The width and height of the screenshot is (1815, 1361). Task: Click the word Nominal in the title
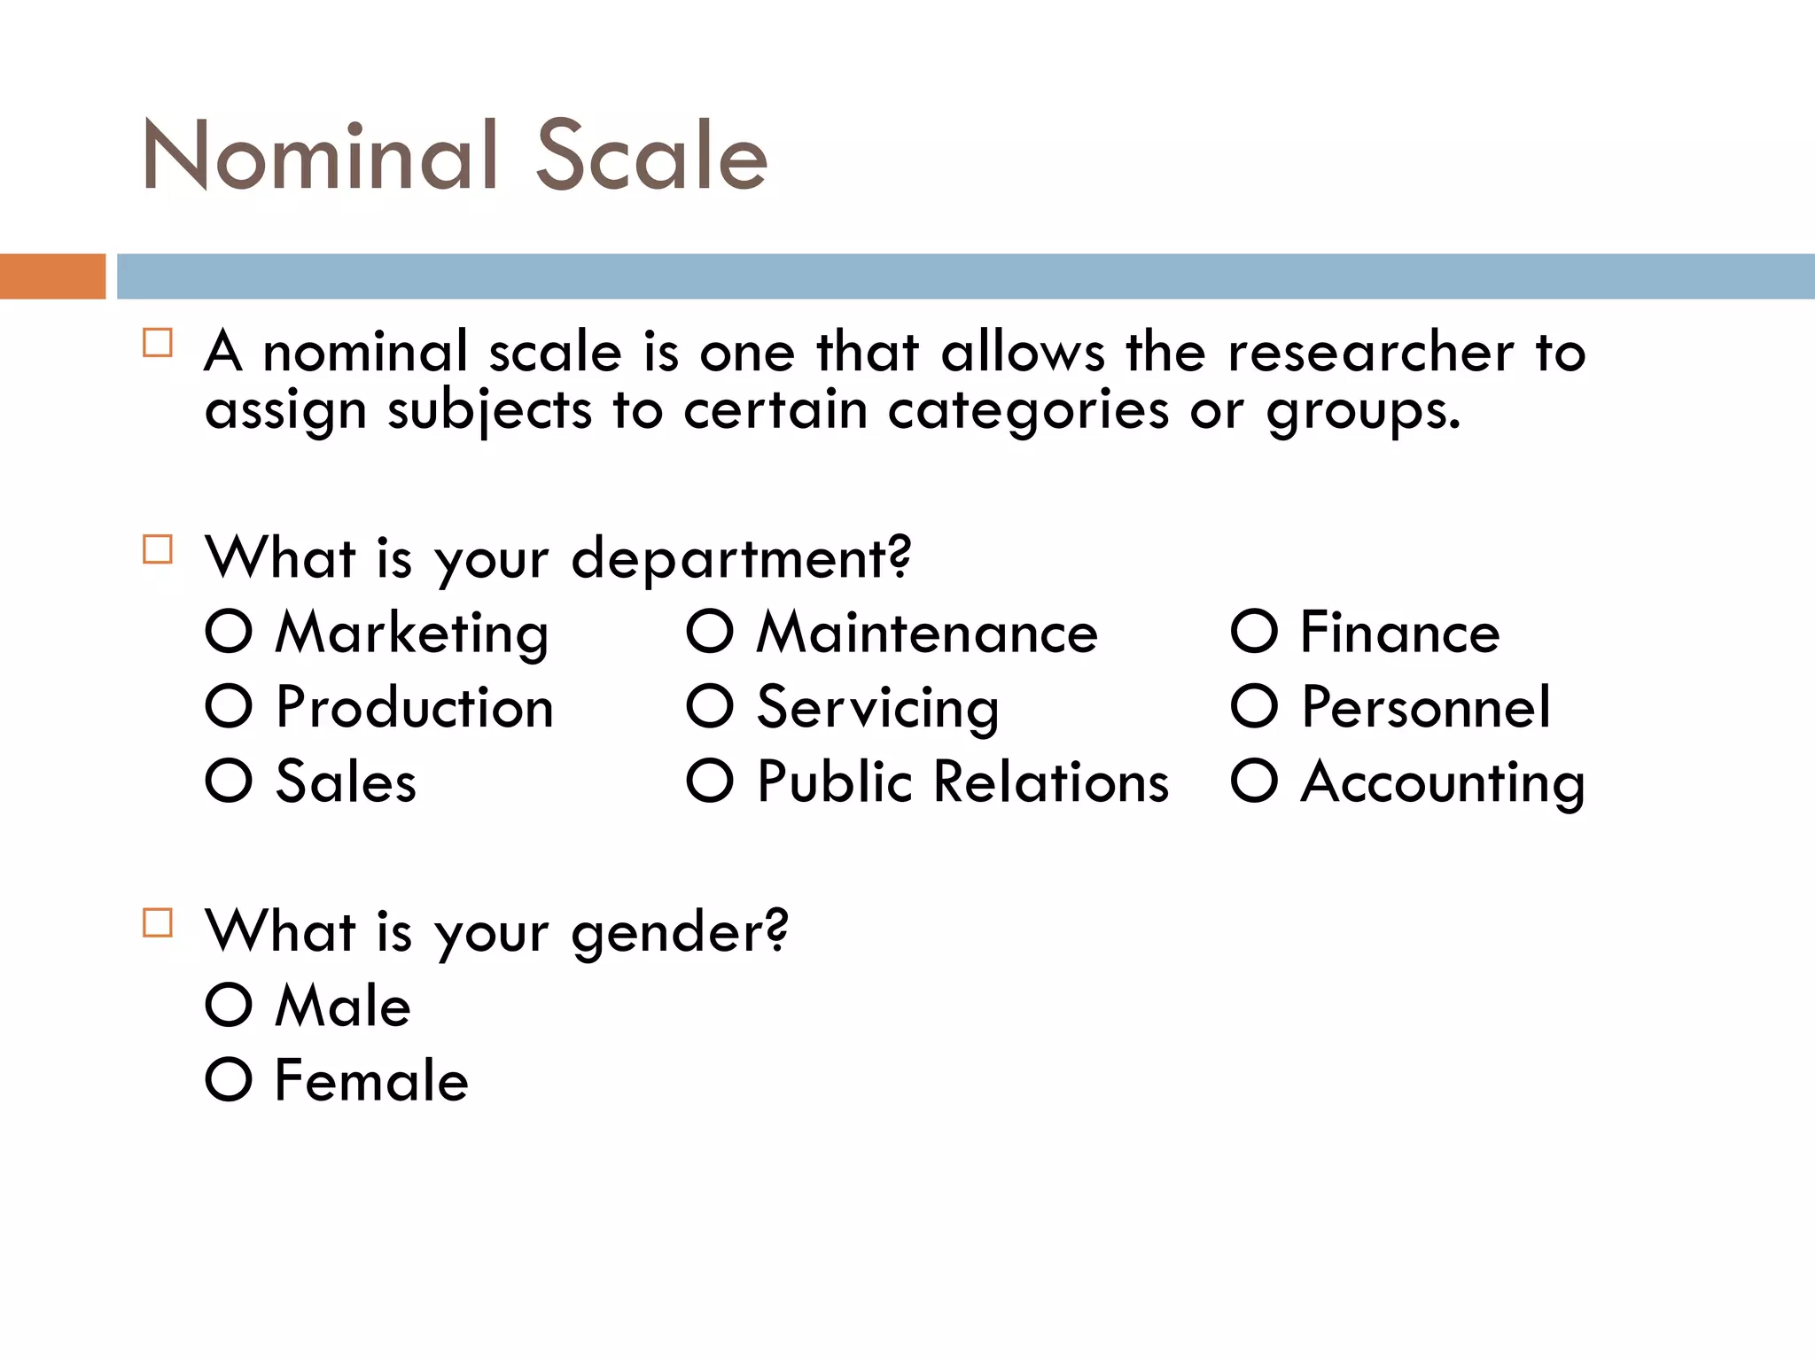pyautogui.click(x=319, y=156)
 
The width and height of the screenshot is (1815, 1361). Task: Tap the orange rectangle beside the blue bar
pyautogui.click(x=52, y=276)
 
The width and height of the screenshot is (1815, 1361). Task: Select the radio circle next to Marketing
pyautogui.click(x=229, y=632)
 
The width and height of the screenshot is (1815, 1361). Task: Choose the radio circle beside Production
pyautogui.click(x=229, y=706)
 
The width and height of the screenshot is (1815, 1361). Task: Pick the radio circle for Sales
pyautogui.click(x=229, y=781)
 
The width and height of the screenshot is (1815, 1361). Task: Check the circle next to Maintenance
pyautogui.click(x=710, y=632)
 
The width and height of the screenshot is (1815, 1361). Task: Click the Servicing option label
pyautogui.click(x=877, y=708)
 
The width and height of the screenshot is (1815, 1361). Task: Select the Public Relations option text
pyautogui.click(x=963, y=782)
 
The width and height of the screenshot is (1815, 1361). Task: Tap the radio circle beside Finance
pyautogui.click(x=1254, y=632)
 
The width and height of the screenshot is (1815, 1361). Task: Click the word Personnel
pyautogui.click(x=1426, y=708)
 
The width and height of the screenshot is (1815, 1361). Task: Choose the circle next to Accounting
pyautogui.click(x=1254, y=781)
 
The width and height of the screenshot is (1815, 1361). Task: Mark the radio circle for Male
pyautogui.click(x=229, y=1005)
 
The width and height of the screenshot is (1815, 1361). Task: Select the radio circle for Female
pyautogui.click(x=229, y=1079)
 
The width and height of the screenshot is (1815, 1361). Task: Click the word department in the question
pyautogui.click(x=740, y=560)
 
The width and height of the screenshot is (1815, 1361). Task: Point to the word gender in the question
pyautogui.click(x=679, y=934)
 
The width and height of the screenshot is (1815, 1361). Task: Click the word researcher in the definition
pyautogui.click(x=1370, y=353)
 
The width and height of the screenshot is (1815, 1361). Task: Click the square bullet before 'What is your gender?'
pyautogui.click(x=158, y=922)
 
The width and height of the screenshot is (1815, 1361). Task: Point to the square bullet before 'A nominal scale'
pyautogui.click(x=158, y=343)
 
